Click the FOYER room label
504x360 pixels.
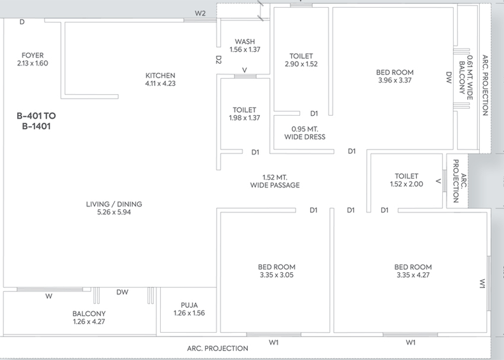32,55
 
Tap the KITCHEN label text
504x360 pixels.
160,76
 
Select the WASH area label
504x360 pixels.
245,41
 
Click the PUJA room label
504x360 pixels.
189,305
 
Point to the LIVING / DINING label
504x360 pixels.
114,204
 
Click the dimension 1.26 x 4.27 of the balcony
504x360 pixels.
89,321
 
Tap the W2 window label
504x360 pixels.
200,13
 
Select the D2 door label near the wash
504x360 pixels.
219,60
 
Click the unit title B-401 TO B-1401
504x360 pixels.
36,121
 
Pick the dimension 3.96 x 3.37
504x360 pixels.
395,80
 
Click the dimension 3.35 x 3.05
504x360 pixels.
276,275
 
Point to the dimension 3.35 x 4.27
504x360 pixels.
413,275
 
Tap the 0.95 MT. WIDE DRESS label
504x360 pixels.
304,133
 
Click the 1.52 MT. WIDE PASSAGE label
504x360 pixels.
275,181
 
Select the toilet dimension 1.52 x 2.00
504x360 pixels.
407,184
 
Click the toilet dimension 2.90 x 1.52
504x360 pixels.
301,64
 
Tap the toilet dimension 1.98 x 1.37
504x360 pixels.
245,118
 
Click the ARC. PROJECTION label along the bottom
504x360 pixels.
217,349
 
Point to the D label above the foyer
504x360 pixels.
22,22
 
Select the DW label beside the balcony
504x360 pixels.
122,292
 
